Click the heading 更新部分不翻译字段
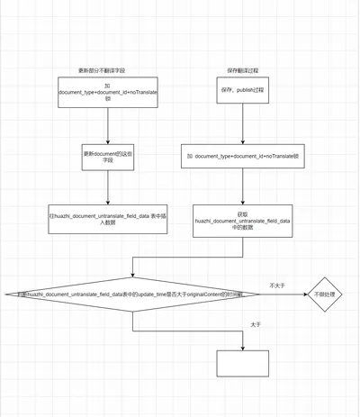[x=107, y=71]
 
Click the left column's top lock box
[x=107, y=93]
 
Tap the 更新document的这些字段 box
[x=107, y=157]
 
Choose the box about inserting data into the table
[x=107, y=218]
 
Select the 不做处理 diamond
[x=324, y=294]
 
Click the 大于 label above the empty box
[x=255, y=324]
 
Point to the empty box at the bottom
[x=242, y=363]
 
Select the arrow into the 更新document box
[x=107, y=126]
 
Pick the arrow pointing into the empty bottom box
[x=242, y=340]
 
